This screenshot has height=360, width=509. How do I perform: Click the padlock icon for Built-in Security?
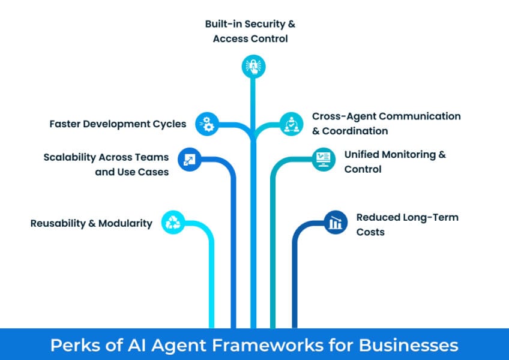point(252,66)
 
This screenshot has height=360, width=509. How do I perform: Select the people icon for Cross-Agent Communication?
point(291,124)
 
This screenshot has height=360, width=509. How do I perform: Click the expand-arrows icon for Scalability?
point(188,159)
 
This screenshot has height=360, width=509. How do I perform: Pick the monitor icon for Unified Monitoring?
point(323,159)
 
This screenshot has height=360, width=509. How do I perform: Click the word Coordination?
point(355,131)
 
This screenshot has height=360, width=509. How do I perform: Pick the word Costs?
point(370,232)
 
